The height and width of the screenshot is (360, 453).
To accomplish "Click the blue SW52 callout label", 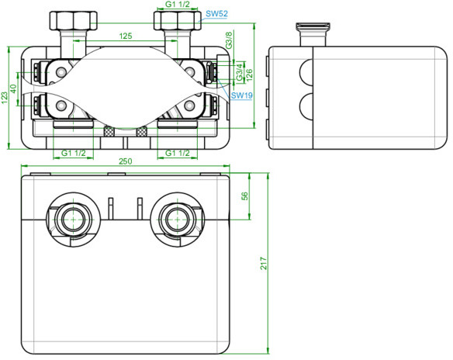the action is (216, 14).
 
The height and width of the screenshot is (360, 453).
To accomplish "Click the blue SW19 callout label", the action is (241, 95).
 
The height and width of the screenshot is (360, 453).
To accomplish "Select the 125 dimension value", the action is (126, 36).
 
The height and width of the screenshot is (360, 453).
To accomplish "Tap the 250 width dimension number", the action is (126, 161).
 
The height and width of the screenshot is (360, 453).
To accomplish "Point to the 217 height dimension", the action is (264, 263).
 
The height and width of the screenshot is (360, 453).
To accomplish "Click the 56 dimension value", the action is (244, 196).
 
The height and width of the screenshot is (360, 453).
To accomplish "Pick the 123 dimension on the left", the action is (5, 98).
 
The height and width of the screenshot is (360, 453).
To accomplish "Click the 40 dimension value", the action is (13, 88).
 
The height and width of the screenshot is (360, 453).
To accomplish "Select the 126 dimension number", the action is (249, 74).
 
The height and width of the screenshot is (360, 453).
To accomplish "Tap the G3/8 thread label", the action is (229, 40).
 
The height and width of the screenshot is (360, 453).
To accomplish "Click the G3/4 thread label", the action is (240, 72).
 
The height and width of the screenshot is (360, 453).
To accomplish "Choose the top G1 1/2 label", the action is (178, 4).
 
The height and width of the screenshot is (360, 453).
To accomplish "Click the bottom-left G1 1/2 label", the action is (74, 153).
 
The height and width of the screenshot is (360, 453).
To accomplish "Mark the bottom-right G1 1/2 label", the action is (178, 153).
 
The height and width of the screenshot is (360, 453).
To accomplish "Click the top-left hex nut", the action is (74, 20).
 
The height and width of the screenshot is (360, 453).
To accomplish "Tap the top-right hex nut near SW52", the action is (178, 20).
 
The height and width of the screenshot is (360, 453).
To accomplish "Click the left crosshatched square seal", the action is (109, 132).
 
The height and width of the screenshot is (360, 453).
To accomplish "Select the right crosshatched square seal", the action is (141, 132).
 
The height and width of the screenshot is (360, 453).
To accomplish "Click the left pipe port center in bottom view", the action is (73, 220).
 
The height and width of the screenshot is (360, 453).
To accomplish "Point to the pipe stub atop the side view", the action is (313, 34).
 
